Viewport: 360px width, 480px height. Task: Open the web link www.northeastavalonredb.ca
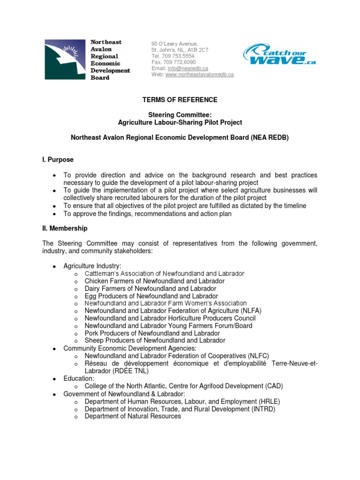point(199,75)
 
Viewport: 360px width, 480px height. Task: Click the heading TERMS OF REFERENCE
point(180,100)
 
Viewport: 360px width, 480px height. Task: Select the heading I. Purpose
point(58,160)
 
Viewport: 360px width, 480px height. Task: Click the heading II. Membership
point(65,228)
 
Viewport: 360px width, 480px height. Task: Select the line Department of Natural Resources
point(133,416)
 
